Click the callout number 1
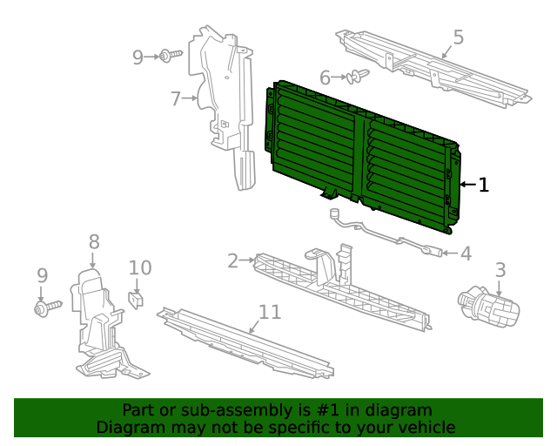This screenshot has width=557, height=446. point(484,185)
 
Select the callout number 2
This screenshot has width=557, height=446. point(232,260)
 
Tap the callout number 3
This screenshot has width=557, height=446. point(500,270)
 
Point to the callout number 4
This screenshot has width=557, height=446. point(466,253)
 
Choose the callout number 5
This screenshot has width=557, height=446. point(458,37)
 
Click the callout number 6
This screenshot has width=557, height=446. point(325,78)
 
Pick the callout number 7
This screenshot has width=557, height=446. point(176,98)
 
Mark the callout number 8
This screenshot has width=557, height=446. point(94,242)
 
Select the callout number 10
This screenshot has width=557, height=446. point(140,268)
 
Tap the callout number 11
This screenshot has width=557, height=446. point(270,312)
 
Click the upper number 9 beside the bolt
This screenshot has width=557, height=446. point(138,57)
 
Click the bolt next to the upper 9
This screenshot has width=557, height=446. point(169,57)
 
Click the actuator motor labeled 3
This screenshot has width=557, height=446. point(489,307)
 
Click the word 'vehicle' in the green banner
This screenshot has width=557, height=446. point(422,427)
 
